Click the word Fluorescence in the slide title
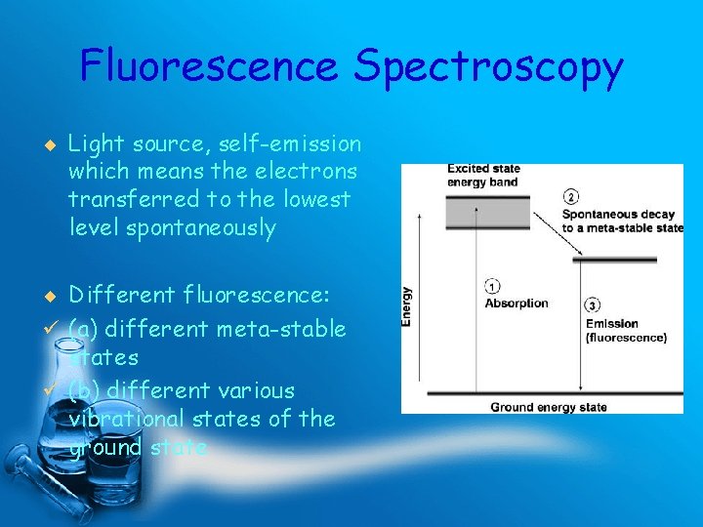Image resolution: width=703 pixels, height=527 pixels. coord(210,66)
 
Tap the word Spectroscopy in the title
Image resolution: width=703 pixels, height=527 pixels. coord(488,66)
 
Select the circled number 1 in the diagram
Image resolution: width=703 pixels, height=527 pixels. coord(492,287)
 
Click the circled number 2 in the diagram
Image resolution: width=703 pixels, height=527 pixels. coord(571,196)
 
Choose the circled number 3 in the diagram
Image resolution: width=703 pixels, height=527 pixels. coord(593,306)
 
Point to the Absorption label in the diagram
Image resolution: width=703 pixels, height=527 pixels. coord(517,303)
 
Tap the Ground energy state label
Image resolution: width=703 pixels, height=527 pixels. coord(548,407)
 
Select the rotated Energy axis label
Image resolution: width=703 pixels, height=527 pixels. coord(407,305)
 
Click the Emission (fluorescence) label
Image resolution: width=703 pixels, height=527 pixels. coord(625,331)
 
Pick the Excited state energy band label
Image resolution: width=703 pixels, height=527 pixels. coord(483,176)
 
